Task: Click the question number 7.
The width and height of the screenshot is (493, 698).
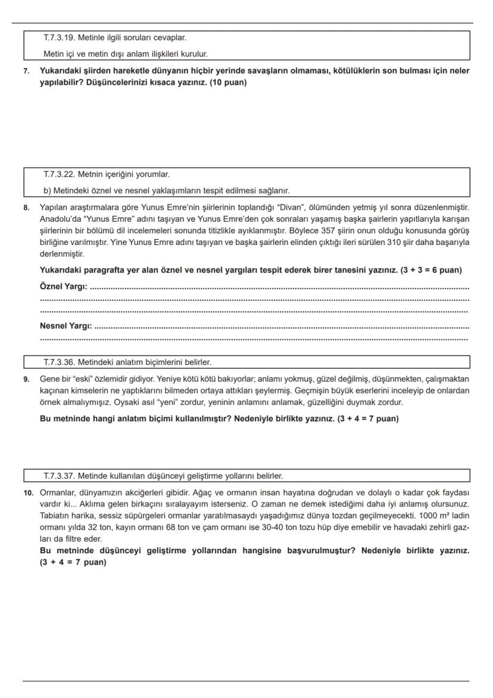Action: click(x=26, y=71)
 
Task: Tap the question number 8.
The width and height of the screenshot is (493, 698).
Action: click(x=26, y=207)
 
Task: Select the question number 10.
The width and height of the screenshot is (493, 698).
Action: click(x=27, y=493)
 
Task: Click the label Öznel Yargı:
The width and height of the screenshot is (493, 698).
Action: click(x=63, y=287)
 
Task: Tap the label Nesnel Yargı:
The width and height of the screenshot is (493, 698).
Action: click(x=65, y=326)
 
